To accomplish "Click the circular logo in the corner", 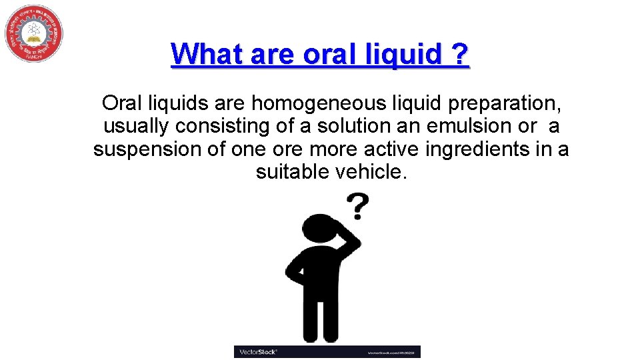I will point(34,33).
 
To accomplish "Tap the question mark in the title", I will point(459,54).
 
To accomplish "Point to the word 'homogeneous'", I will point(316,103).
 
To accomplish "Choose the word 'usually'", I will point(137,126).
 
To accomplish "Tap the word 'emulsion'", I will point(477,126).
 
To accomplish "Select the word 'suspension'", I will point(149,149).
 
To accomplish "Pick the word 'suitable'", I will point(290,172).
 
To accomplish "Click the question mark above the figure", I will point(358,207).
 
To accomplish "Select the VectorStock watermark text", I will point(257,351).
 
